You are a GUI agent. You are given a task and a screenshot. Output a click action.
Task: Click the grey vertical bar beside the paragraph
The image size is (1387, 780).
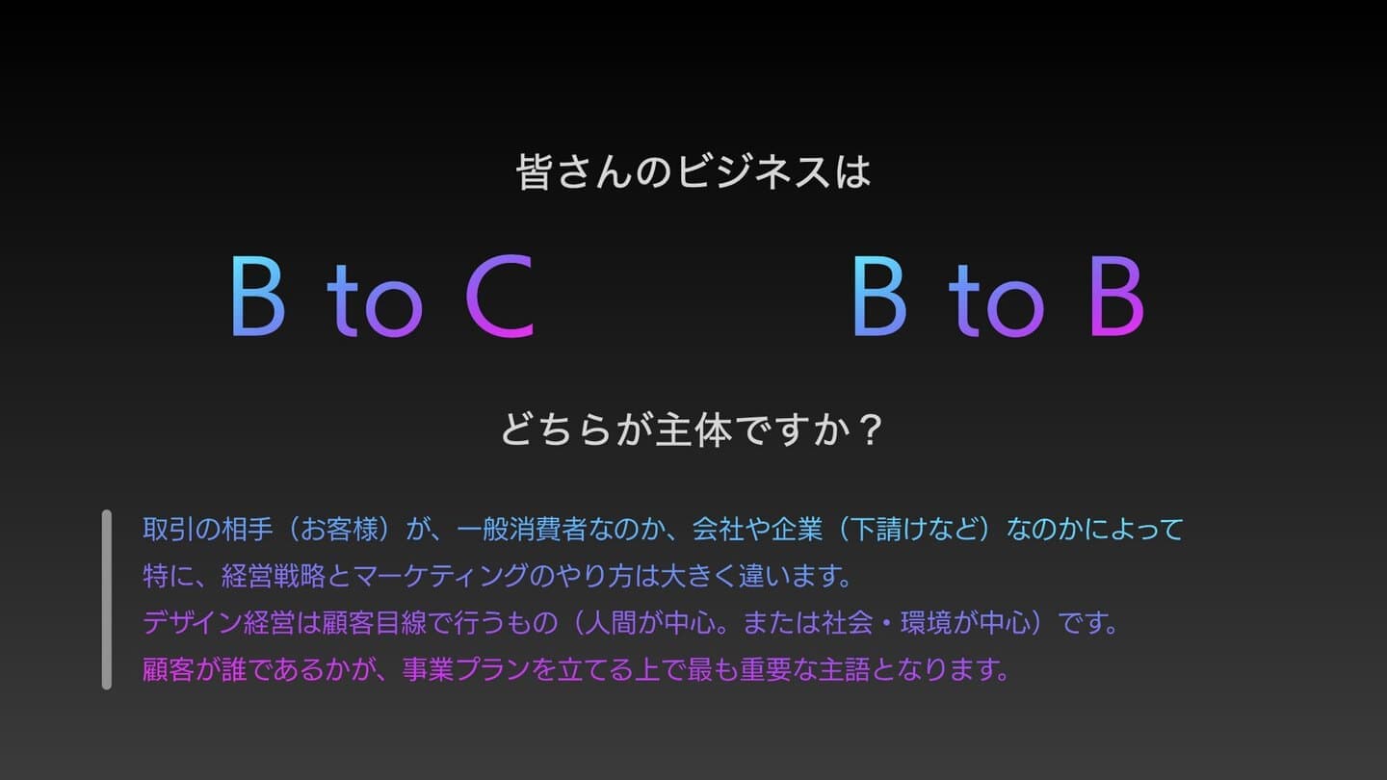pos(107,599)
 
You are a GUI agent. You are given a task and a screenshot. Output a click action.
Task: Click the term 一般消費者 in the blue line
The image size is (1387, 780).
pos(521,530)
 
